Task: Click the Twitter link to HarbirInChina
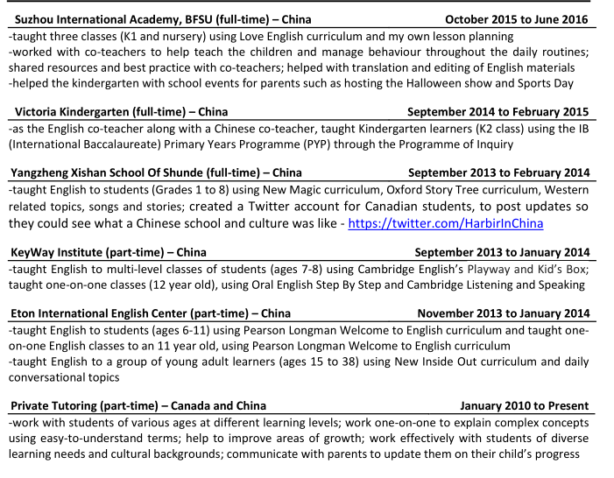[445, 223]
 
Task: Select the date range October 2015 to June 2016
[516, 19]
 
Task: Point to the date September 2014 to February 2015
[498, 112]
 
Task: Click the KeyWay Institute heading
[108, 252]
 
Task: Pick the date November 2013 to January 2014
[503, 313]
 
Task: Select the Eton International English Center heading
[150, 313]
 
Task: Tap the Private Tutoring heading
[138, 406]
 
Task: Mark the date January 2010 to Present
[524, 406]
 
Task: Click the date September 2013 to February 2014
[498, 172]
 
